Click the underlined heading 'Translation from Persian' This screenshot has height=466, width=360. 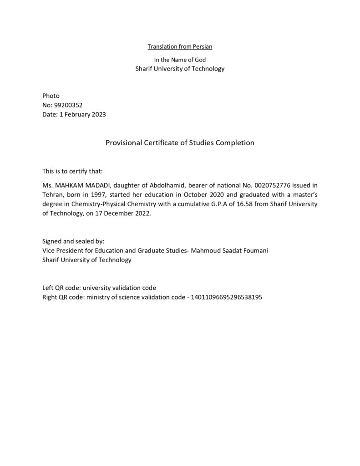point(180,46)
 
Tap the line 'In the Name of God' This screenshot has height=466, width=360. point(180,60)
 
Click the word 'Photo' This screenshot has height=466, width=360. point(51,96)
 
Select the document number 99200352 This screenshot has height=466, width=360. point(68,105)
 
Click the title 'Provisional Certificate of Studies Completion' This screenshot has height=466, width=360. point(180,142)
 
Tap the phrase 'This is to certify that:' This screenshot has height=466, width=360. point(73,171)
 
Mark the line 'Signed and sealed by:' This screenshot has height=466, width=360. point(73,241)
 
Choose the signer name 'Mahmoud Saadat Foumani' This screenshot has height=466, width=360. point(233,250)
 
